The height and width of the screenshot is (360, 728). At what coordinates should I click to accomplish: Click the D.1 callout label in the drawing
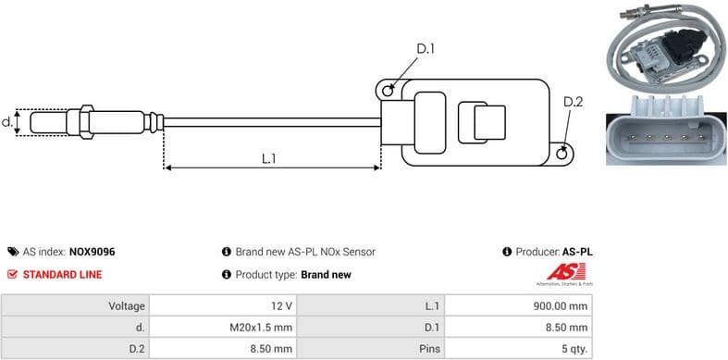click(426, 49)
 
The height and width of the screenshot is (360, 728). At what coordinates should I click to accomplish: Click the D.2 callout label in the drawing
click(573, 103)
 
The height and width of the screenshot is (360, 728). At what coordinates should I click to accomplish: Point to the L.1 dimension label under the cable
click(269, 158)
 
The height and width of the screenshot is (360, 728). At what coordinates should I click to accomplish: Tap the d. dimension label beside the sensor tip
click(7, 121)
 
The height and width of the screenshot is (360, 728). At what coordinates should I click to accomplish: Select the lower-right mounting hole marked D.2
click(562, 154)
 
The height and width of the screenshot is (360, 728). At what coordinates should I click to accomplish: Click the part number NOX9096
click(93, 252)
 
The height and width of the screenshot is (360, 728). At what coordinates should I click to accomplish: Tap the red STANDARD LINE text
click(62, 275)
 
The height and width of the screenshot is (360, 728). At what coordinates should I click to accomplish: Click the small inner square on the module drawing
click(489, 122)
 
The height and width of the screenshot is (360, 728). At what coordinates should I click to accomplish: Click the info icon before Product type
click(226, 275)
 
